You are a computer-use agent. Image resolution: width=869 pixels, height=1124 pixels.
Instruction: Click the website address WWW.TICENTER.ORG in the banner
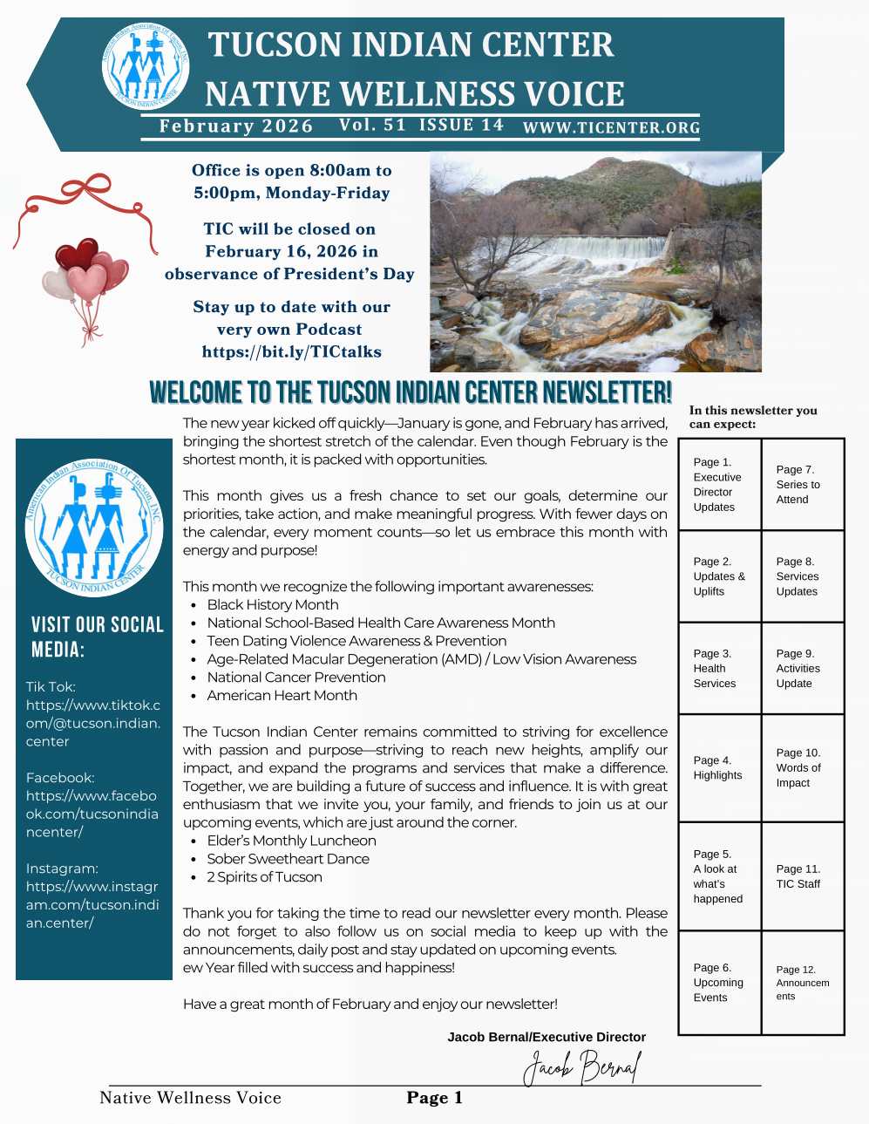(611, 127)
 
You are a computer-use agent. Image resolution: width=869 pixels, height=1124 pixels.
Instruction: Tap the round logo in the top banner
(146, 66)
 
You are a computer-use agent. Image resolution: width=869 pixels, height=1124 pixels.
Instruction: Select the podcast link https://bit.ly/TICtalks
(291, 351)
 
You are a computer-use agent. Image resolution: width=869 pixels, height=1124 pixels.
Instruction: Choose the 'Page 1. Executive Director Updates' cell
(719, 485)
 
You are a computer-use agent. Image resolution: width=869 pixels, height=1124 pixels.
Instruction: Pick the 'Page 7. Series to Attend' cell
(803, 485)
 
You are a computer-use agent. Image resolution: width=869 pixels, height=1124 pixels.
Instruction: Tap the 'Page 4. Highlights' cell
(719, 767)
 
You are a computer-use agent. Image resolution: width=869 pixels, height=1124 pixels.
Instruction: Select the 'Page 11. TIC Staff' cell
(803, 876)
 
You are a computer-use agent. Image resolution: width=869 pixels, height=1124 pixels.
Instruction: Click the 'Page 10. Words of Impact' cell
(803, 767)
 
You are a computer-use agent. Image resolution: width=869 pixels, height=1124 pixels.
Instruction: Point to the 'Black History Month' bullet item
(273, 604)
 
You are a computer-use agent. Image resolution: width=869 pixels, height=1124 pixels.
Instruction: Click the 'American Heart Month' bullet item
(282, 695)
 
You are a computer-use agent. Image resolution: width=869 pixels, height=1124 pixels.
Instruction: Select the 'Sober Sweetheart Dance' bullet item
(288, 859)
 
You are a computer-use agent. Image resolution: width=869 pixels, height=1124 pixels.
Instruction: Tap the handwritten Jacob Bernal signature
(582, 1066)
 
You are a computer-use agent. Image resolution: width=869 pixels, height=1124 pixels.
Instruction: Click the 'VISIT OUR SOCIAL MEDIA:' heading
(97, 637)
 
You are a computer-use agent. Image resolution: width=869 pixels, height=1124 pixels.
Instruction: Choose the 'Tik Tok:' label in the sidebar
(51, 686)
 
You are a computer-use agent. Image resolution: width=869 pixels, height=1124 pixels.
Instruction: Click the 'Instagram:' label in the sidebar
(62, 869)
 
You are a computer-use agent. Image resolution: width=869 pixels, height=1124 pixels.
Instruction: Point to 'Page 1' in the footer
(434, 1098)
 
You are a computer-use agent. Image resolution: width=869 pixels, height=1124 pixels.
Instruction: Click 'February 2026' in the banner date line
(235, 126)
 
